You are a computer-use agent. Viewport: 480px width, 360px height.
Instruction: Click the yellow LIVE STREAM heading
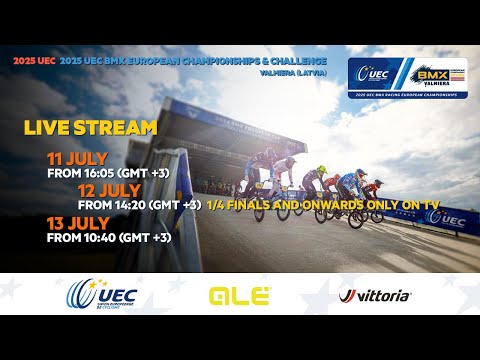click(x=91, y=128)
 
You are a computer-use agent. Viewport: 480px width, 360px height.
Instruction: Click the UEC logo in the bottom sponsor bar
click(x=100, y=295)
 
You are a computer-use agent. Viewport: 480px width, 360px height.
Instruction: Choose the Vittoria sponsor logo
click(x=375, y=296)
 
